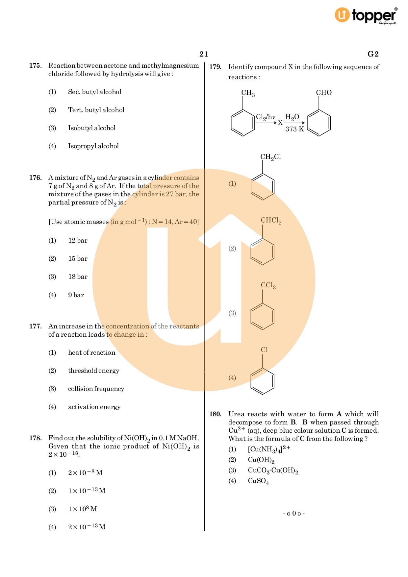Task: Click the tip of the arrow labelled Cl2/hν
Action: [277, 123]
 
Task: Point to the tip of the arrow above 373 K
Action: [305, 123]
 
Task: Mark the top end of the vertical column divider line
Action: [204, 62]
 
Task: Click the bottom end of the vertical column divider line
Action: [204, 531]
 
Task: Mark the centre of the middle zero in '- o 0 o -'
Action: [294, 513]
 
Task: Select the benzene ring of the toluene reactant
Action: [243, 123]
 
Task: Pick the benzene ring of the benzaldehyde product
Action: [319, 123]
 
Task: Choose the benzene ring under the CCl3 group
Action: [263, 316]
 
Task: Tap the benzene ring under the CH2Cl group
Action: [263, 186]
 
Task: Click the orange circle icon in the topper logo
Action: [342, 15]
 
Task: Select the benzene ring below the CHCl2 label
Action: [263, 251]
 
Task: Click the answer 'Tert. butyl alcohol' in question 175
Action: [96, 110]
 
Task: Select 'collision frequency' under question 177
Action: [96, 389]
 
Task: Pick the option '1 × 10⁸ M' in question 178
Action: [83, 509]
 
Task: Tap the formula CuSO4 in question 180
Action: [258, 481]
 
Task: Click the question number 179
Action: [215, 67]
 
